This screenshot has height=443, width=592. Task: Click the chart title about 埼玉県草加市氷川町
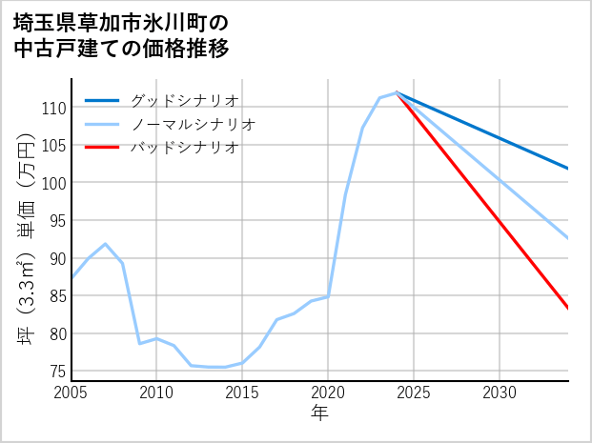(121, 34)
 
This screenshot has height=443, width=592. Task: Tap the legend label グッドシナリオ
(184, 100)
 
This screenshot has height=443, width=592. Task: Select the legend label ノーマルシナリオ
(193, 124)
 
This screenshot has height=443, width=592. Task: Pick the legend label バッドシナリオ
(184, 148)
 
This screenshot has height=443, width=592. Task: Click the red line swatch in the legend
(102, 148)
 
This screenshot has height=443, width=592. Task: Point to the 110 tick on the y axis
(53, 108)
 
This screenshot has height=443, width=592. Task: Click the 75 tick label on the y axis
(57, 371)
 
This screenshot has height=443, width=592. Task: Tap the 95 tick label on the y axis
(57, 220)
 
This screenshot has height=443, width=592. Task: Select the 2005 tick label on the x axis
(71, 393)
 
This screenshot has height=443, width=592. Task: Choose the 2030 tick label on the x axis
(500, 393)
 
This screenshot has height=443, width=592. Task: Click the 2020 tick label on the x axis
(328, 393)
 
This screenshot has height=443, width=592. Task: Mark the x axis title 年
(319, 413)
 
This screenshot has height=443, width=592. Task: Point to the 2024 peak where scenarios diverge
(397, 92)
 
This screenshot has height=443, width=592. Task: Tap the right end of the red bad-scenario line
(568, 309)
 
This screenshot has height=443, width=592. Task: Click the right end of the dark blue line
(568, 169)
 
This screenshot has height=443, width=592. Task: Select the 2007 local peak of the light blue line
(106, 244)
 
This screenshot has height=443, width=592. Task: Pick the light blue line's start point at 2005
(71, 278)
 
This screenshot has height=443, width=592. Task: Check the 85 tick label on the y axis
(57, 295)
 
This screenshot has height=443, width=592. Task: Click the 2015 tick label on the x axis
(242, 393)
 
